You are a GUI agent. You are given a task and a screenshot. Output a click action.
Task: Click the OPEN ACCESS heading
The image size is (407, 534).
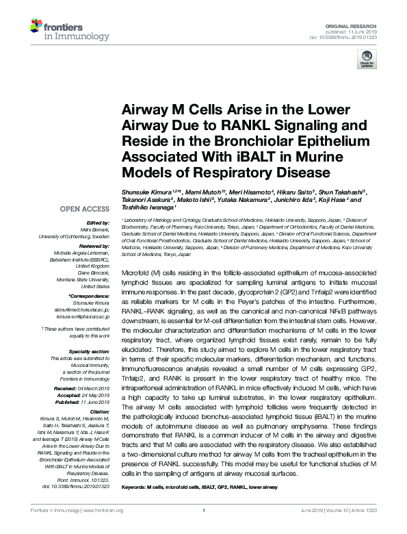[x=84, y=208]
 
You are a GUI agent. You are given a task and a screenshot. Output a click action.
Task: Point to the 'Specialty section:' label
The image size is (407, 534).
[x=88, y=350]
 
